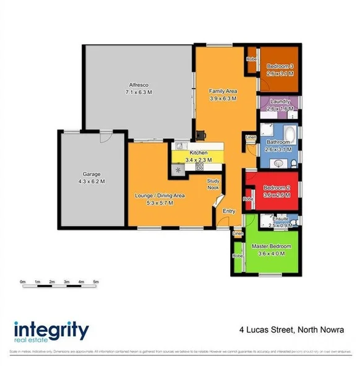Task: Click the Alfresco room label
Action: click(x=139, y=84)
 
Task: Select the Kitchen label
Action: click(x=198, y=152)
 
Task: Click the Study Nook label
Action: click(x=213, y=184)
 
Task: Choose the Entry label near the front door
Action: click(x=229, y=211)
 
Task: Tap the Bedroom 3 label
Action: click(x=280, y=66)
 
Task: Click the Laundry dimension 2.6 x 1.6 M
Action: click(x=280, y=108)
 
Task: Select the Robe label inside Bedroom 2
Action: click(x=247, y=199)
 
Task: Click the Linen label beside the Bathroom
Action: click(x=250, y=137)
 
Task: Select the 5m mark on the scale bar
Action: click(x=96, y=282)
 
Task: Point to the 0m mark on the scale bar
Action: click(x=22, y=282)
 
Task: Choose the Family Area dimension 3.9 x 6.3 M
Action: click(x=223, y=98)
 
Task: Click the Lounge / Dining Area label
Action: click(x=160, y=196)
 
